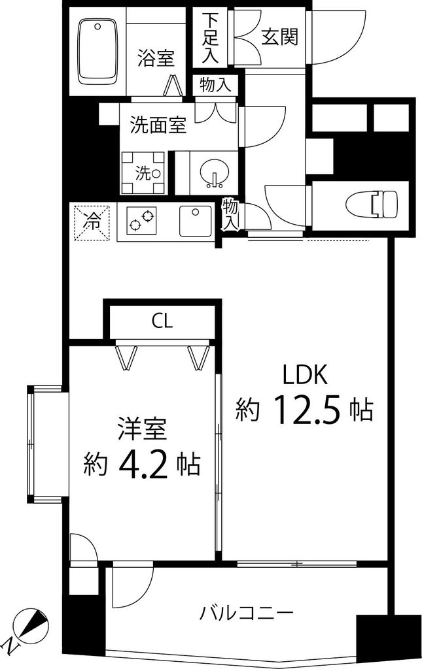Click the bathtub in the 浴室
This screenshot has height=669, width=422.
pos(97,51)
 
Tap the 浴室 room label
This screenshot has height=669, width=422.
pos(156,57)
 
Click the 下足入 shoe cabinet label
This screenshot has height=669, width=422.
pos(209,37)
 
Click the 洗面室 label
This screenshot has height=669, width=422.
pos(158,125)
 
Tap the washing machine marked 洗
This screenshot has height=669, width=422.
pos(143,172)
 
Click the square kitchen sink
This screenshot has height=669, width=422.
pos(195,221)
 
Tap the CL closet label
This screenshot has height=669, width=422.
pos(162,321)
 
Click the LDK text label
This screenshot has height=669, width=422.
pos(304,375)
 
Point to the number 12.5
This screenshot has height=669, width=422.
pos(305,410)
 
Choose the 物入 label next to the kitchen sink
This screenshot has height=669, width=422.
pos(230,215)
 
